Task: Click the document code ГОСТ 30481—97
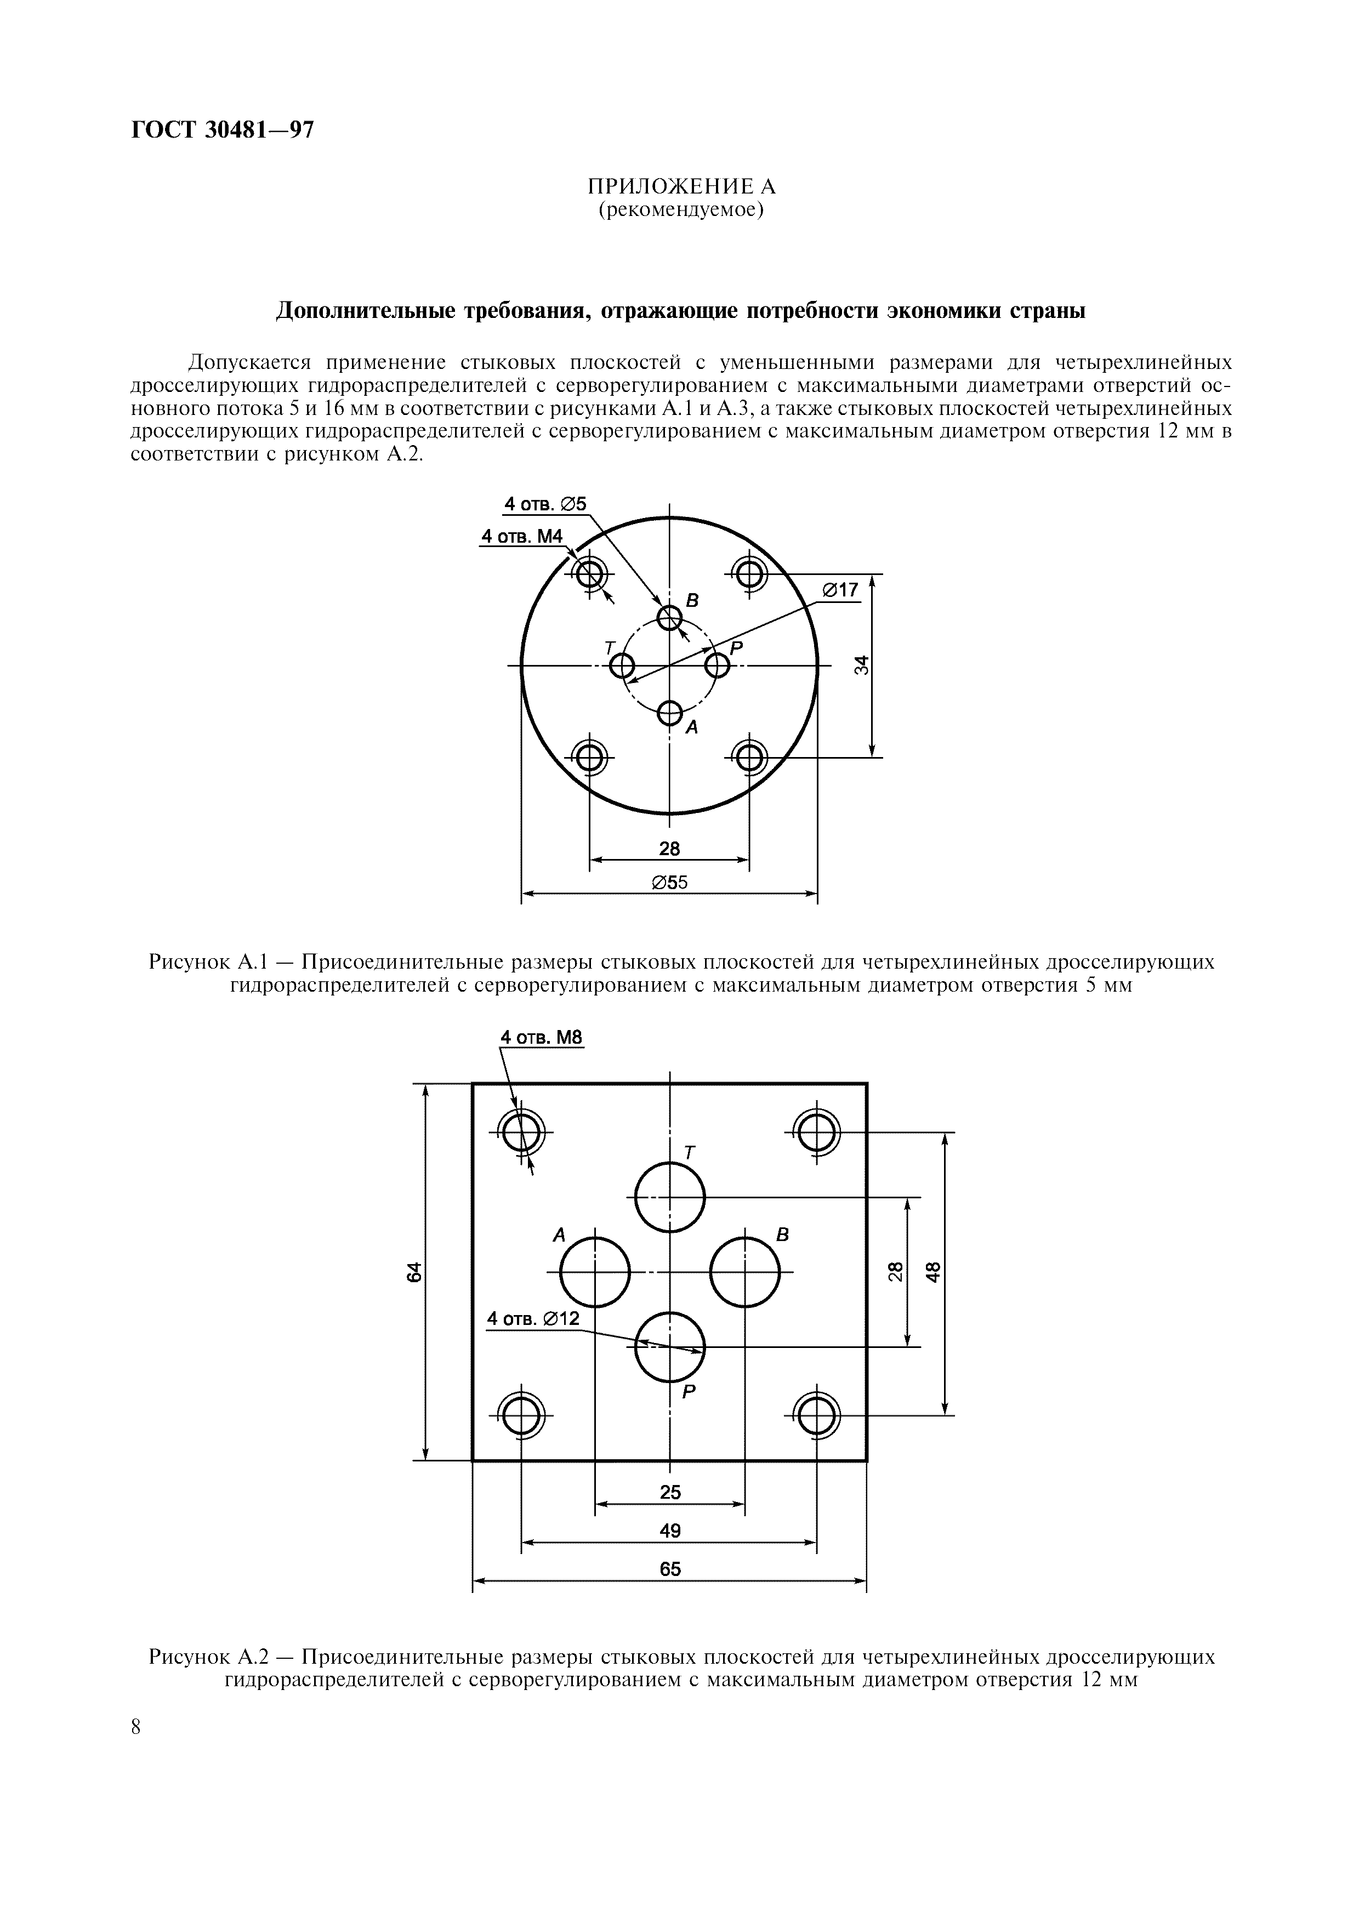click(x=223, y=130)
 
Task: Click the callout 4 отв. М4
click(x=522, y=537)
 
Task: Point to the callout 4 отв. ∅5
click(x=545, y=504)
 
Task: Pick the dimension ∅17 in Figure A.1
click(x=840, y=590)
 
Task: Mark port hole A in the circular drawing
click(x=669, y=713)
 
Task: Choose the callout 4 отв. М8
click(x=541, y=1037)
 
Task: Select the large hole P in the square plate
click(x=670, y=1347)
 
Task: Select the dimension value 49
click(x=670, y=1530)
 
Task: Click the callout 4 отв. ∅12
click(x=533, y=1319)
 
